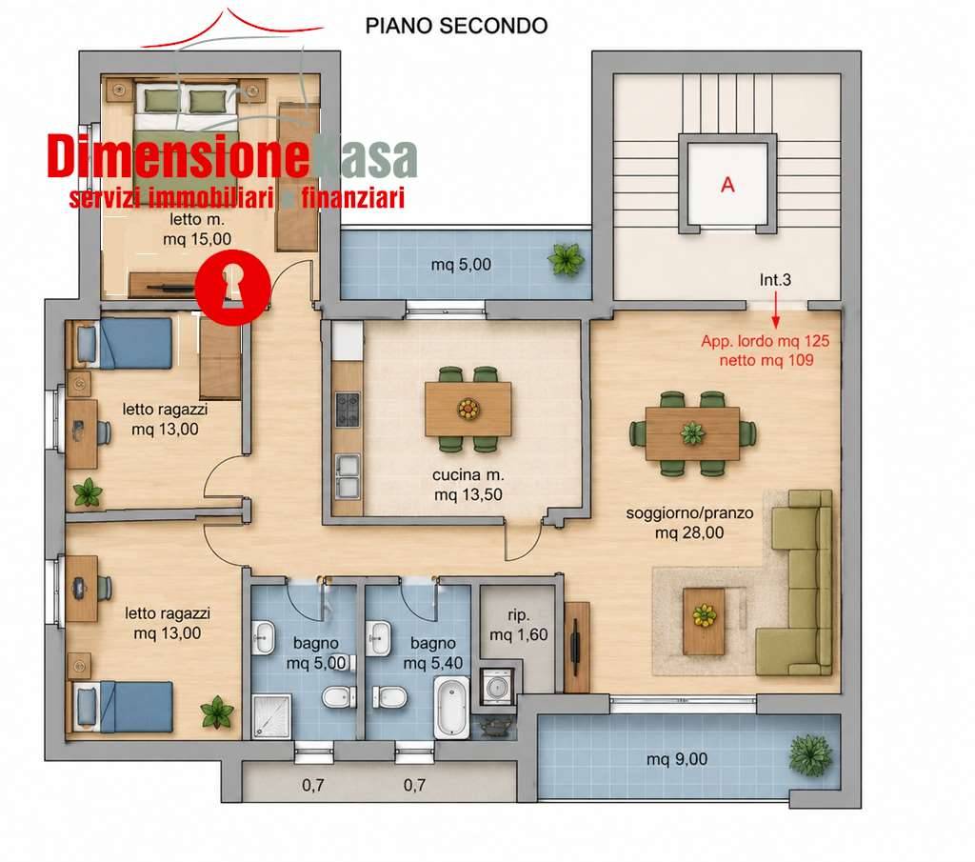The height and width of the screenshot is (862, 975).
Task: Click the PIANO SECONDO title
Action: point(456,26)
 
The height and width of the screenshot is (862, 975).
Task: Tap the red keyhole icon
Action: point(232,287)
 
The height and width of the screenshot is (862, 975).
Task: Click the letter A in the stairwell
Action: point(727,185)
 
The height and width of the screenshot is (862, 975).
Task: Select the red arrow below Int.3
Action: point(775,310)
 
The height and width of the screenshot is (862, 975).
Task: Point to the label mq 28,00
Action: point(689,533)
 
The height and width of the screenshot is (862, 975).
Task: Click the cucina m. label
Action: point(468,475)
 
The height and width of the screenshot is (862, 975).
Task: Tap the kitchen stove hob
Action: point(348,410)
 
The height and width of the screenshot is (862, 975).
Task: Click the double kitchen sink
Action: point(348,476)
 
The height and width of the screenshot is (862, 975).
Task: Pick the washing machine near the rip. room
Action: point(496,688)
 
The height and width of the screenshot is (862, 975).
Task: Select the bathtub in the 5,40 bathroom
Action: point(451,708)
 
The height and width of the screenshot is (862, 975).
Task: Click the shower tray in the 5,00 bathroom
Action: point(271,716)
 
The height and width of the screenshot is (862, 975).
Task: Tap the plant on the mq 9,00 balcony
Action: point(809,755)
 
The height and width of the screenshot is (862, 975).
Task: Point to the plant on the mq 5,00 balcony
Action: point(567,259)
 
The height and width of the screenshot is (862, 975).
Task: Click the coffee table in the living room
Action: point(704,621)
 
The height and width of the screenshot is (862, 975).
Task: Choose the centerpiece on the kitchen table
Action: point(468,409)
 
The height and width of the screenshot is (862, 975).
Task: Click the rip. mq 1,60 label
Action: point(519,625)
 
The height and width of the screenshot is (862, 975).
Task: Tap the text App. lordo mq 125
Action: point(766,341)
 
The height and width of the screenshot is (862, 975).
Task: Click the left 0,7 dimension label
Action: point(312,786)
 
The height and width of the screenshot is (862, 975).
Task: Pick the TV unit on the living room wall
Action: point(577,647)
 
